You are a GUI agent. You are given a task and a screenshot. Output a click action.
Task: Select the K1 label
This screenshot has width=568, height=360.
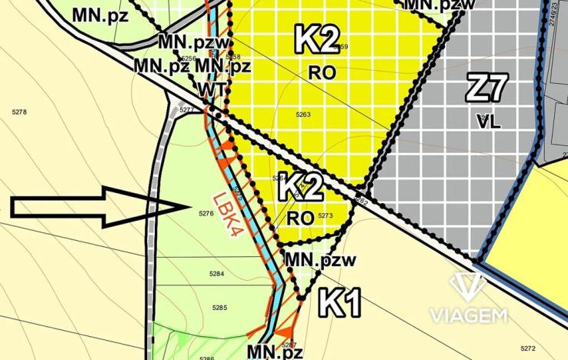(x=340, y=302)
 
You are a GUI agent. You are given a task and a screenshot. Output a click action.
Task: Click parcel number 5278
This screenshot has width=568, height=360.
(x=19, y=113)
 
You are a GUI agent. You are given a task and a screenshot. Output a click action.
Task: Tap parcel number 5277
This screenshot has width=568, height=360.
(x=186, y=110)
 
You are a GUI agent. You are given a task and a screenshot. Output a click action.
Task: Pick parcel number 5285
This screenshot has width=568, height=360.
(x=220, y=308)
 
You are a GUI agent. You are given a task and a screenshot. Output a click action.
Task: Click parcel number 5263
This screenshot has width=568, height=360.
(x=302, y=114)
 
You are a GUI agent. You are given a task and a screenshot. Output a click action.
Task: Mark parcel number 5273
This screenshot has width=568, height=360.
(x=324, y=216)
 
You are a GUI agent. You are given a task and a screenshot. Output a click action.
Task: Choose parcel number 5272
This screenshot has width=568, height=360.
(x=528, y=348)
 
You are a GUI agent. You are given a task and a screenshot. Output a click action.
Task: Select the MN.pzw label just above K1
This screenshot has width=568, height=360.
(x=320, y=261)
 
